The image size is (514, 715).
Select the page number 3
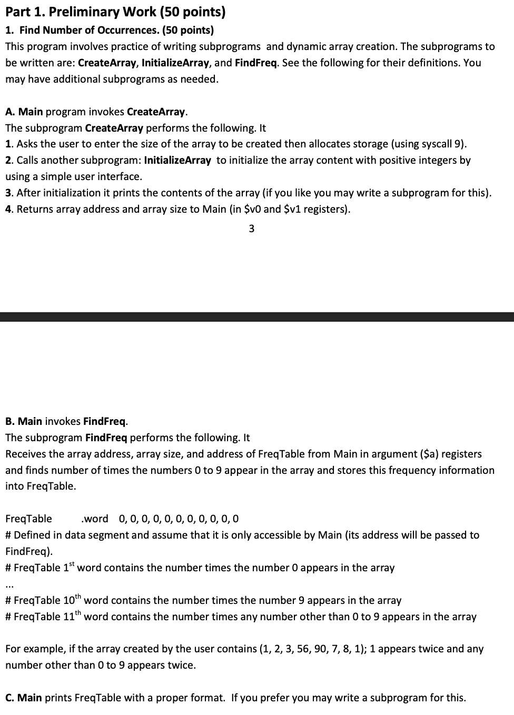(x=251, y=229)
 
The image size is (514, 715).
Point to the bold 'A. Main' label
(x=24, y=112)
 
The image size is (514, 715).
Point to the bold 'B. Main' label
(x=24, y=421)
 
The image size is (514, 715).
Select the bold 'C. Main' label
(x=24, y=698)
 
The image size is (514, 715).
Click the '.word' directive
(x=95, y=519)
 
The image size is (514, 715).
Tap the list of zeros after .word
(x=179, y=519)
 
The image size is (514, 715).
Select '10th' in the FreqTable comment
(x=72, y=600)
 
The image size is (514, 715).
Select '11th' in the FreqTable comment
(x=72, y=616)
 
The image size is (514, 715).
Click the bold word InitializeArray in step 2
(x=177, y=160)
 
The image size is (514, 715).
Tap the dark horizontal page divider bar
(x=257, y=316)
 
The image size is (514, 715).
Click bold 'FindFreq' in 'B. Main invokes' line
(x=105, y=421)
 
